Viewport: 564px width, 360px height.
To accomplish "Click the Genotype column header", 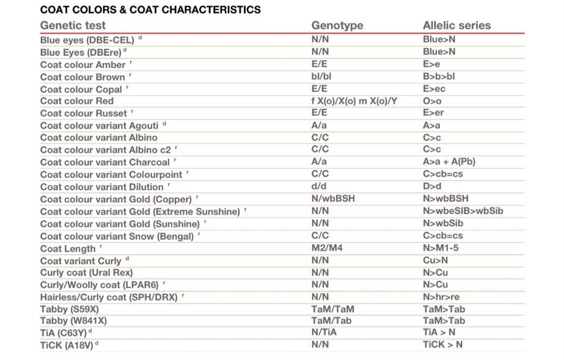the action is click(337, 26).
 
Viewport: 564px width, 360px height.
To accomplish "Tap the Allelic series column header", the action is click(457, 26).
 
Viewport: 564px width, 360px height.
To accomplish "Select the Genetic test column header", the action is click(73, 26).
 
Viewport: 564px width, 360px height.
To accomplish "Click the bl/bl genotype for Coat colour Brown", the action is click(321, 76).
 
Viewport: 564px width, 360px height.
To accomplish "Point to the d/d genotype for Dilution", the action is click(319, 186).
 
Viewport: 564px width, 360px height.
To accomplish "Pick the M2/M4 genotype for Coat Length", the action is click(327, 248).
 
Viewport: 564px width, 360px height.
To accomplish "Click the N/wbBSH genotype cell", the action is click(333, 199).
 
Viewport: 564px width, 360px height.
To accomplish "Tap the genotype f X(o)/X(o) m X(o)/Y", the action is click(354, 101).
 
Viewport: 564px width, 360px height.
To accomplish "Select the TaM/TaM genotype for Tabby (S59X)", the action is click(332, 309).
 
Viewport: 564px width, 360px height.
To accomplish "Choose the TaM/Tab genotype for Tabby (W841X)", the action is click(331, 321).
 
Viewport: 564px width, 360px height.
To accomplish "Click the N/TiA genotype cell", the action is click(324, 332).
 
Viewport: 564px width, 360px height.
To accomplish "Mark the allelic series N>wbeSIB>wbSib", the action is click(463, 211).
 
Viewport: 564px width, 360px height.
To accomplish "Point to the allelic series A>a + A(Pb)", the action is click(449, 162).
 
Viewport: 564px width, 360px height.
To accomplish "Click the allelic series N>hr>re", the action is click(441, 297).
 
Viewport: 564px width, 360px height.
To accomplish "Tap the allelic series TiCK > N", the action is click(443, 345).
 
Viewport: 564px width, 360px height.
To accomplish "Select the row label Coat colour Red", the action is click(77, 101).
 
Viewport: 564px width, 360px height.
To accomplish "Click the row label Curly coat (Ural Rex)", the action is click(86, 273).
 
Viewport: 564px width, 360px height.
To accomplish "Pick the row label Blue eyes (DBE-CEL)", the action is click(87, 40).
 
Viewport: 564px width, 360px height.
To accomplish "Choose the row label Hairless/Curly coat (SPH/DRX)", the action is click(109, 298).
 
